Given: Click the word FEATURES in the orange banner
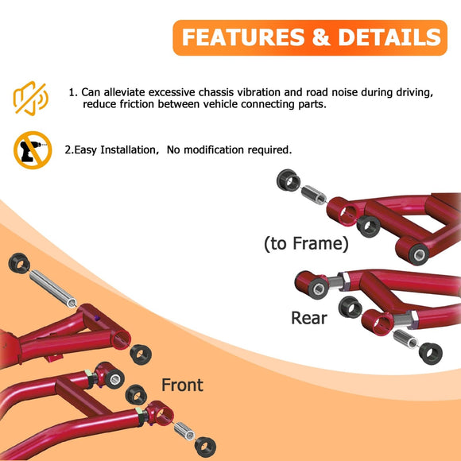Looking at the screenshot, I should (x=243, y=37).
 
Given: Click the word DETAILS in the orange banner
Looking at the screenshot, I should (x=389, y=37).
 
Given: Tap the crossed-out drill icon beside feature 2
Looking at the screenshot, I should (x=32, y=149).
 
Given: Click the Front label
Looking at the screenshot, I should (x=182, y=385).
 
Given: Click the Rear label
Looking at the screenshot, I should (x=309, y=318).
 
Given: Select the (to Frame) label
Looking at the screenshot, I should (x=306, y=243).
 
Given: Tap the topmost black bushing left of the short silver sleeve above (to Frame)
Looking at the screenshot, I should (x=286, y=180).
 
